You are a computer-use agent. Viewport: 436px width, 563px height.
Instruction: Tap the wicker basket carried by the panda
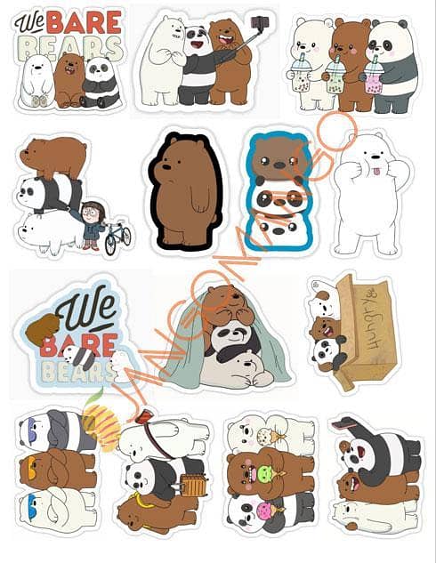(190, 485)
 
